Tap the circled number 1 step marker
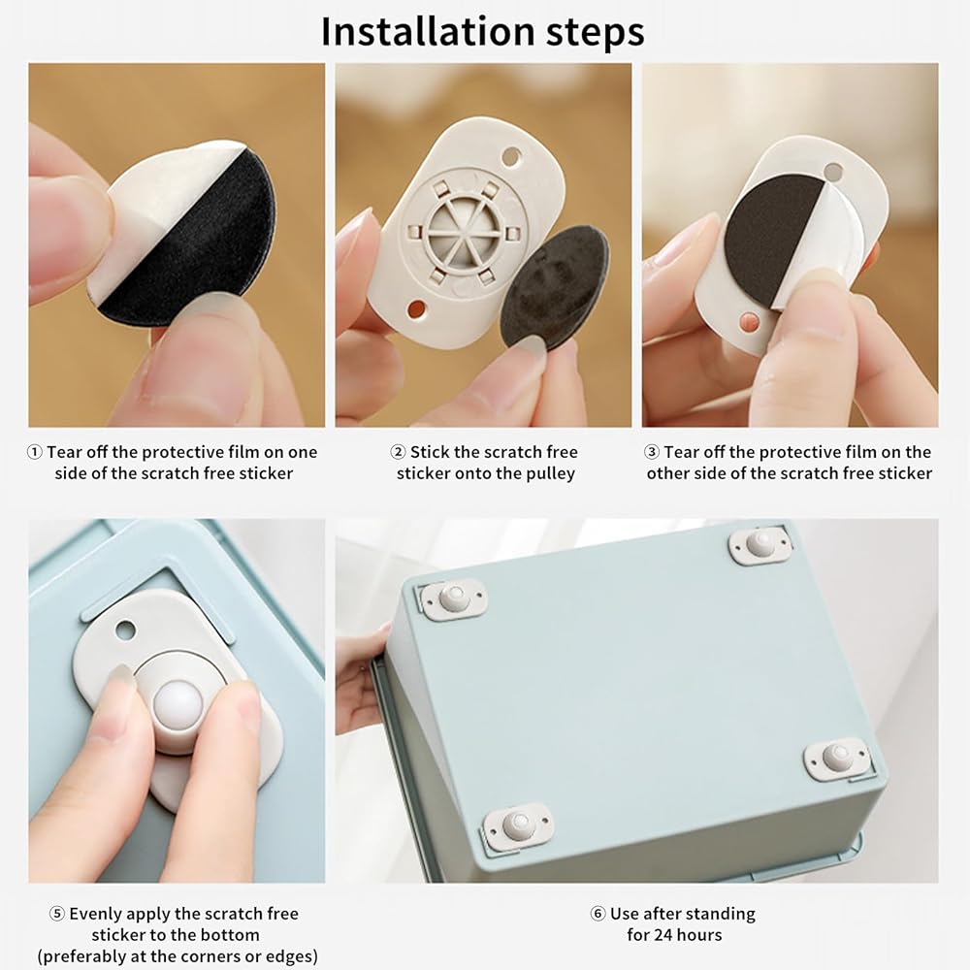[35, 452]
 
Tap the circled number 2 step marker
[399, 452]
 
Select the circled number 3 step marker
[652, 452]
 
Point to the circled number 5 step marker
[57, 914]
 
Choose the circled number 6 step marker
[598, 914]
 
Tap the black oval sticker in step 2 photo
[554, 286]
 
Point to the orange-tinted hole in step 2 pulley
[416, 307]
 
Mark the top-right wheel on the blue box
[760, 544]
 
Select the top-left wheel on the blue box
[453, 598]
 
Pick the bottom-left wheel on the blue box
[517, 824]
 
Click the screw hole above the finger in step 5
[125, 631]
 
